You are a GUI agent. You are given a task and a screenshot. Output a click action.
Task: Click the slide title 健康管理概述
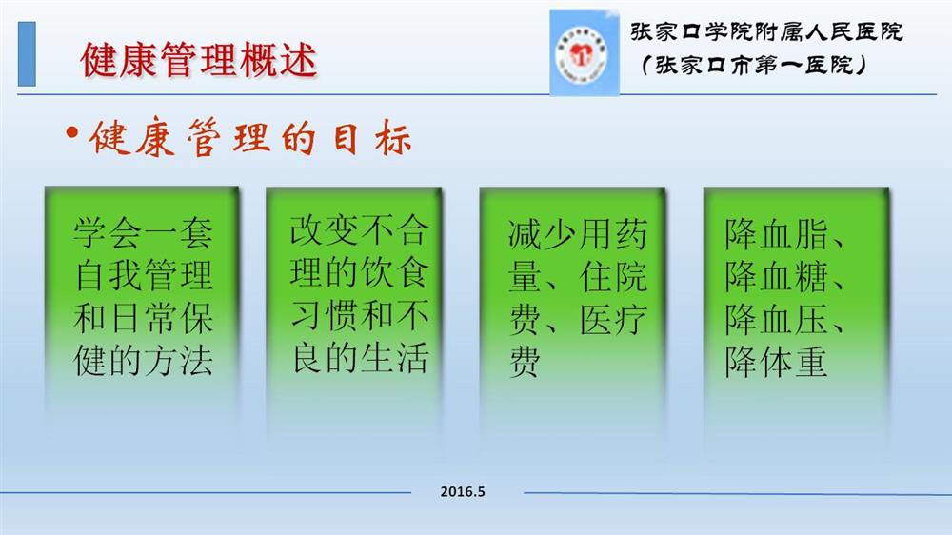click(199, 60)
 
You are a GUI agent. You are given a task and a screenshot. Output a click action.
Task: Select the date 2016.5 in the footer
click(464, 492)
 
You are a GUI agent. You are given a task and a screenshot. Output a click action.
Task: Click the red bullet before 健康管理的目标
click(72, 133)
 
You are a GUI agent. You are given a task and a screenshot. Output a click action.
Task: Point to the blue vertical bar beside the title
click(27, 53)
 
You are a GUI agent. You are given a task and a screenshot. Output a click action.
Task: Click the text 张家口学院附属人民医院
click(766, 31)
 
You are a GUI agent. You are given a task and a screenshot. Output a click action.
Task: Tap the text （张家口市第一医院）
click(753, 65)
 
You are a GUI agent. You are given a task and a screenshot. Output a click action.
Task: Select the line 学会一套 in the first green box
click(144, 232)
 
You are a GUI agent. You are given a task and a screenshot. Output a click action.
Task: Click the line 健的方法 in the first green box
click(144, 360)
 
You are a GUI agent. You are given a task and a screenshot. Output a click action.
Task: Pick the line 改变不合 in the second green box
click(360, 230)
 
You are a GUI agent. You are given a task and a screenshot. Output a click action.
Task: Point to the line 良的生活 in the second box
click(360, 358)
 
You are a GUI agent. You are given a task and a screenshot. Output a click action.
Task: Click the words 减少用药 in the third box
click(578, 234)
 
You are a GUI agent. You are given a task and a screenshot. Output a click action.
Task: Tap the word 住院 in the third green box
click(613, 277)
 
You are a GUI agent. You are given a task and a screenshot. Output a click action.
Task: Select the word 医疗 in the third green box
click(613, 320)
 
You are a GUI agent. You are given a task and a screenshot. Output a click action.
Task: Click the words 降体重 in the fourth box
click(776, 362)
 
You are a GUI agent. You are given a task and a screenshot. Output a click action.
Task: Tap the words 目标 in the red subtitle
click(372, 138)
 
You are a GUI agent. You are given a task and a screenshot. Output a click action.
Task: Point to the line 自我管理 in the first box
click(144, 275)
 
